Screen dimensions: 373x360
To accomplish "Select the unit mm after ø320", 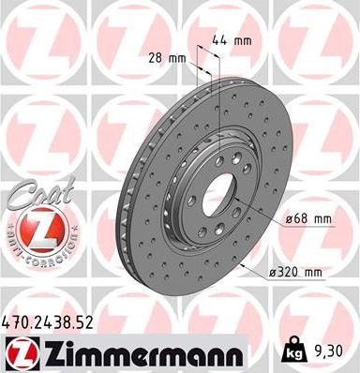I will point(313,272).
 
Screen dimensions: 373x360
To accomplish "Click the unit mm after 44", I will point(243,41).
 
